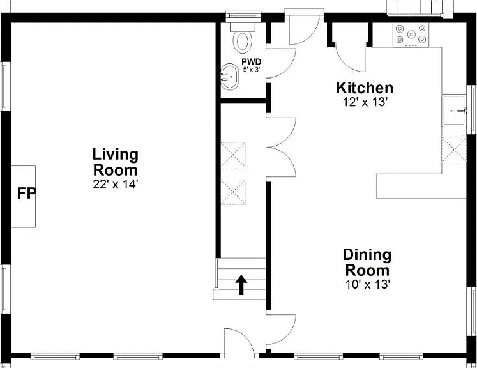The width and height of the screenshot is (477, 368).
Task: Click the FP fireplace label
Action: tap(27, 194)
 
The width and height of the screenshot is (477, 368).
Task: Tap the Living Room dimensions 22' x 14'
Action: tap(116, 184)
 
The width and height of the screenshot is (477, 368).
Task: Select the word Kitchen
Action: tap(365, 88)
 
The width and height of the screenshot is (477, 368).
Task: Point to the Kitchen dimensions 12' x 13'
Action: tap(365, 102)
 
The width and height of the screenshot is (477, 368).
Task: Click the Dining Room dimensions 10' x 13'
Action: tap(368, 284)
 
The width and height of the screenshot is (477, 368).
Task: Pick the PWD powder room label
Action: tap(252, 62)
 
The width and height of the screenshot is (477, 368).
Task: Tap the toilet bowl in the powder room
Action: tap(243, 42)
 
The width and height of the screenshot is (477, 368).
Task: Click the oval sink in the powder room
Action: tap(230, 77)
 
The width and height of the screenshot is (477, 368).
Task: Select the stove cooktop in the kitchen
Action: tap(411, 35)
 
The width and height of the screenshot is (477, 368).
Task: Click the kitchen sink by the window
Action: tap(454, 111)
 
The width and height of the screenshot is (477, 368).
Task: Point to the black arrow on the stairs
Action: tap(241, 285)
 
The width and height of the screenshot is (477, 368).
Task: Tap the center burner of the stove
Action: tap(411, 34)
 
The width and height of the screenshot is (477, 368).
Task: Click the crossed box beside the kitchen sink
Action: tap(454, 149)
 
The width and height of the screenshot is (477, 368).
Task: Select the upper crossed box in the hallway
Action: tap(233, 155)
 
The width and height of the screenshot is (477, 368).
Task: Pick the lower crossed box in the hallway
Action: tap(233, 192)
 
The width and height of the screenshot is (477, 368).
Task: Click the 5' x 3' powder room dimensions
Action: tap(252, 70)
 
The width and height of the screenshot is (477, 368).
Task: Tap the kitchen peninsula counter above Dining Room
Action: tap(421, 187)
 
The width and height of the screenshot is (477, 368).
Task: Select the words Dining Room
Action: tap(367, 263)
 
